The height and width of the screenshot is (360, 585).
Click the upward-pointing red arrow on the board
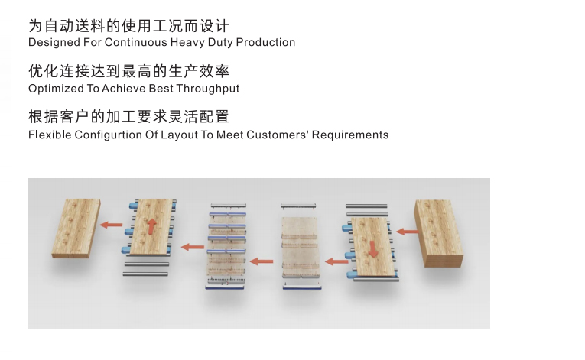(152, 225)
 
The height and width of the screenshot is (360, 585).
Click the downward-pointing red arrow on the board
(373, 248)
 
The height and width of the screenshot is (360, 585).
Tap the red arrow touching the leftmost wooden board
(112, 225)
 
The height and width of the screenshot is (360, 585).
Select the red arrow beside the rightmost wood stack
(406, 230)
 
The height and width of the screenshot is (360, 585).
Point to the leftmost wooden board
(76, 226)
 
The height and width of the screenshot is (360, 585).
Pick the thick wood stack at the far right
(438, 236)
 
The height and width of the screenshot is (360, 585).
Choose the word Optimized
(54, 89)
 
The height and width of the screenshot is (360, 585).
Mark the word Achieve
(120, 89)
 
